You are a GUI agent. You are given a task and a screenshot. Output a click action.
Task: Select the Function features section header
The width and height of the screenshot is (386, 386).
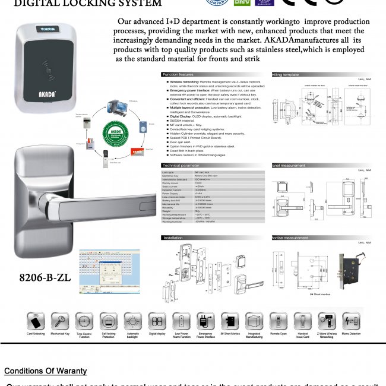179,75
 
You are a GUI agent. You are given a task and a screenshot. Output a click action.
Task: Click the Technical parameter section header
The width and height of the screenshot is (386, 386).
182,165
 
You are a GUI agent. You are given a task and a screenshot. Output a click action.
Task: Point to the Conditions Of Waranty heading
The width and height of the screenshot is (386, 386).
45,371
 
